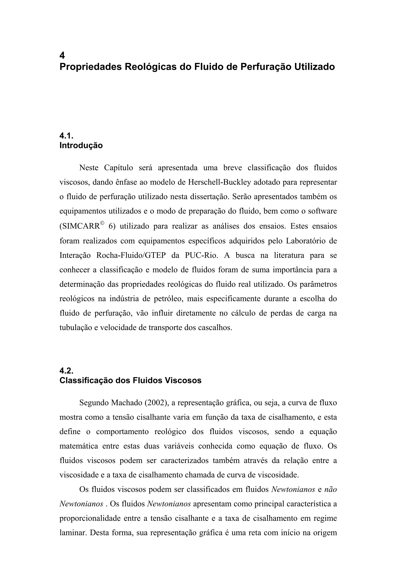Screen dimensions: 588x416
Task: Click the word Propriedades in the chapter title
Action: pyautogui.click(x=90, y=67)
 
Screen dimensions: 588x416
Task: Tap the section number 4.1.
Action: pyautogui.click(x=66, y=136)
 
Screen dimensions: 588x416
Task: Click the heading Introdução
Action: pyautogui.click(x=81, y=145)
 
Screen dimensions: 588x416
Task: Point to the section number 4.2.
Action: pyautogui.click(x=66, y=370)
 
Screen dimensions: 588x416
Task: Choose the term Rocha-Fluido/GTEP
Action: pyautogui.click(x=131, y=256)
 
